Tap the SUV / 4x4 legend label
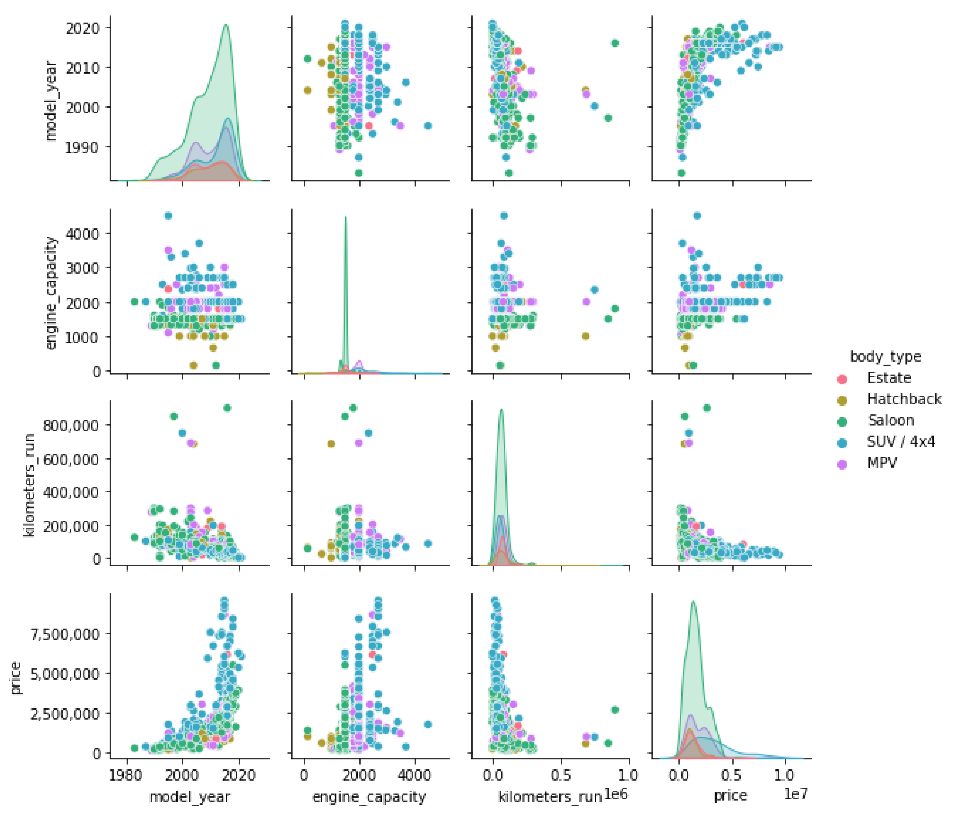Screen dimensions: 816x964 [x=900, y=442]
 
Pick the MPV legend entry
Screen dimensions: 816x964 [x=881, y=463]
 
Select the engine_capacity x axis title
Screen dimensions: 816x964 [x=369, y=797]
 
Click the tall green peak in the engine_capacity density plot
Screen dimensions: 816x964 [x=345, y=217]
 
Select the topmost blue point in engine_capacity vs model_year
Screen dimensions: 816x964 [x=168, y=216]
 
